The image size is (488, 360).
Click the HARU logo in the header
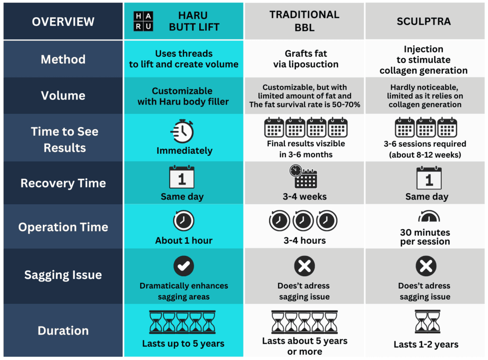143,21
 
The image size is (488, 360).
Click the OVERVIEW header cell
63,21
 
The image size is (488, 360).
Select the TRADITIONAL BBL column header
305,21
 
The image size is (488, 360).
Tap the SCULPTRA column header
424,21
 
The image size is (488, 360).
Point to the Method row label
63,60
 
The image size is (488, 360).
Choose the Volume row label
63,96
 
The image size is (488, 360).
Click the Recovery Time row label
63,183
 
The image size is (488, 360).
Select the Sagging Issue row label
63,275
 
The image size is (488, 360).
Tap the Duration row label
63,330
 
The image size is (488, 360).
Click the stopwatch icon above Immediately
182,130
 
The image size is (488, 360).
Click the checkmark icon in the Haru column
183,266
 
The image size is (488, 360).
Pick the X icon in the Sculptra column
425,266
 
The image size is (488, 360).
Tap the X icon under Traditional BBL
305,266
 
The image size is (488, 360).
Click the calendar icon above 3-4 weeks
304,177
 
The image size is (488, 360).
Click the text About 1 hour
183,240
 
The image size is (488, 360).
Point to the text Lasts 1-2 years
426,344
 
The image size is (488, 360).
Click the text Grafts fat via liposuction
305,59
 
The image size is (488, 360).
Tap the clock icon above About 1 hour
183,220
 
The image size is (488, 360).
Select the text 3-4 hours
305,240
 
